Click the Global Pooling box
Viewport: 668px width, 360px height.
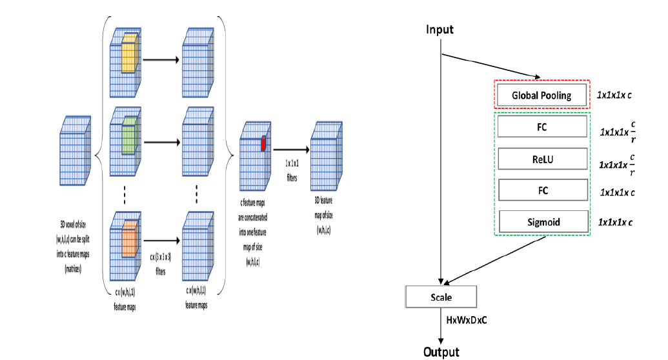[x=541, y=95]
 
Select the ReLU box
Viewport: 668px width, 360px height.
[x=541, y=158]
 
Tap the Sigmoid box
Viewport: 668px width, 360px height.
[x=541, y=221]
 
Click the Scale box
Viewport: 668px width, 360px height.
[x=441, y=297]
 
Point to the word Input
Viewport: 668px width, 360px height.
[x=440, y=30]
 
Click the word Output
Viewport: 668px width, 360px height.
[x=441, y=352]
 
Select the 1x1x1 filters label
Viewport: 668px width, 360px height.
[x=291, y=172]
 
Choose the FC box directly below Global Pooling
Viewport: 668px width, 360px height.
[x=541, y=127]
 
